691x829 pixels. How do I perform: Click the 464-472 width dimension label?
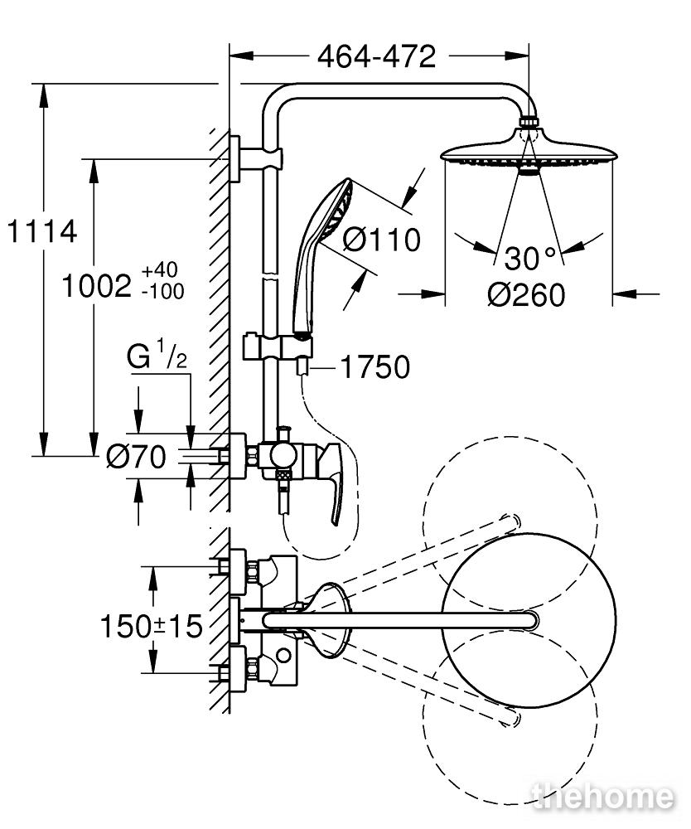[x=376, y=56]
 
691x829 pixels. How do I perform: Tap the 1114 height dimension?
[x=42, y=232]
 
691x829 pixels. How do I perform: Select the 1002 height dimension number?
[x=96, y=287]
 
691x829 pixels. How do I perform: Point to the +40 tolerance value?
[x=160, y=270]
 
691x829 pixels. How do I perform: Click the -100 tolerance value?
[x=162, y=291]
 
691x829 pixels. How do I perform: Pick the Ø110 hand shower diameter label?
[x=381, y=240]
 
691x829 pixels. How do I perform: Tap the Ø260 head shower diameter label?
[x=526, y=295]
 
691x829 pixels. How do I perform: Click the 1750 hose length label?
[x=375, y=367]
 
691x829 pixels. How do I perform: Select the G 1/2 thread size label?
[x=157, y=356]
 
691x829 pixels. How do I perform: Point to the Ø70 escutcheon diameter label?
[x=137, y=456]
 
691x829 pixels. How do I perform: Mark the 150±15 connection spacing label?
[x=152, y=627]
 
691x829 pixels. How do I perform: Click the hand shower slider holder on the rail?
[x=278, y=347]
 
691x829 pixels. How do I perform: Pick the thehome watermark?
[x=604, y=797]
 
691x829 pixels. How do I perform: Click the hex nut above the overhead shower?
[x=529, y=121]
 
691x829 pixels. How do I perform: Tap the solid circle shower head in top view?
[x=529, y=619]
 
